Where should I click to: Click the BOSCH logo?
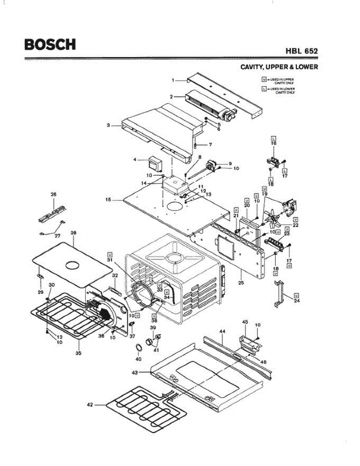(x=50, y=44)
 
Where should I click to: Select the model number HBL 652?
(x=302, y=51)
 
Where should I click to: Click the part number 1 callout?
(x=173, y=80)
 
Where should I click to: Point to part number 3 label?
(x=108, y=125)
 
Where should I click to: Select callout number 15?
(x=108, y=200)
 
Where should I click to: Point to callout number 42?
(x=90, y=405)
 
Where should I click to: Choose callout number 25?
(x=241, y=283)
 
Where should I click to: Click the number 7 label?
(x=210, y=144)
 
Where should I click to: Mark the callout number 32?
(x=115, y=275)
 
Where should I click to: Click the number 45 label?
(x=245, y=322)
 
